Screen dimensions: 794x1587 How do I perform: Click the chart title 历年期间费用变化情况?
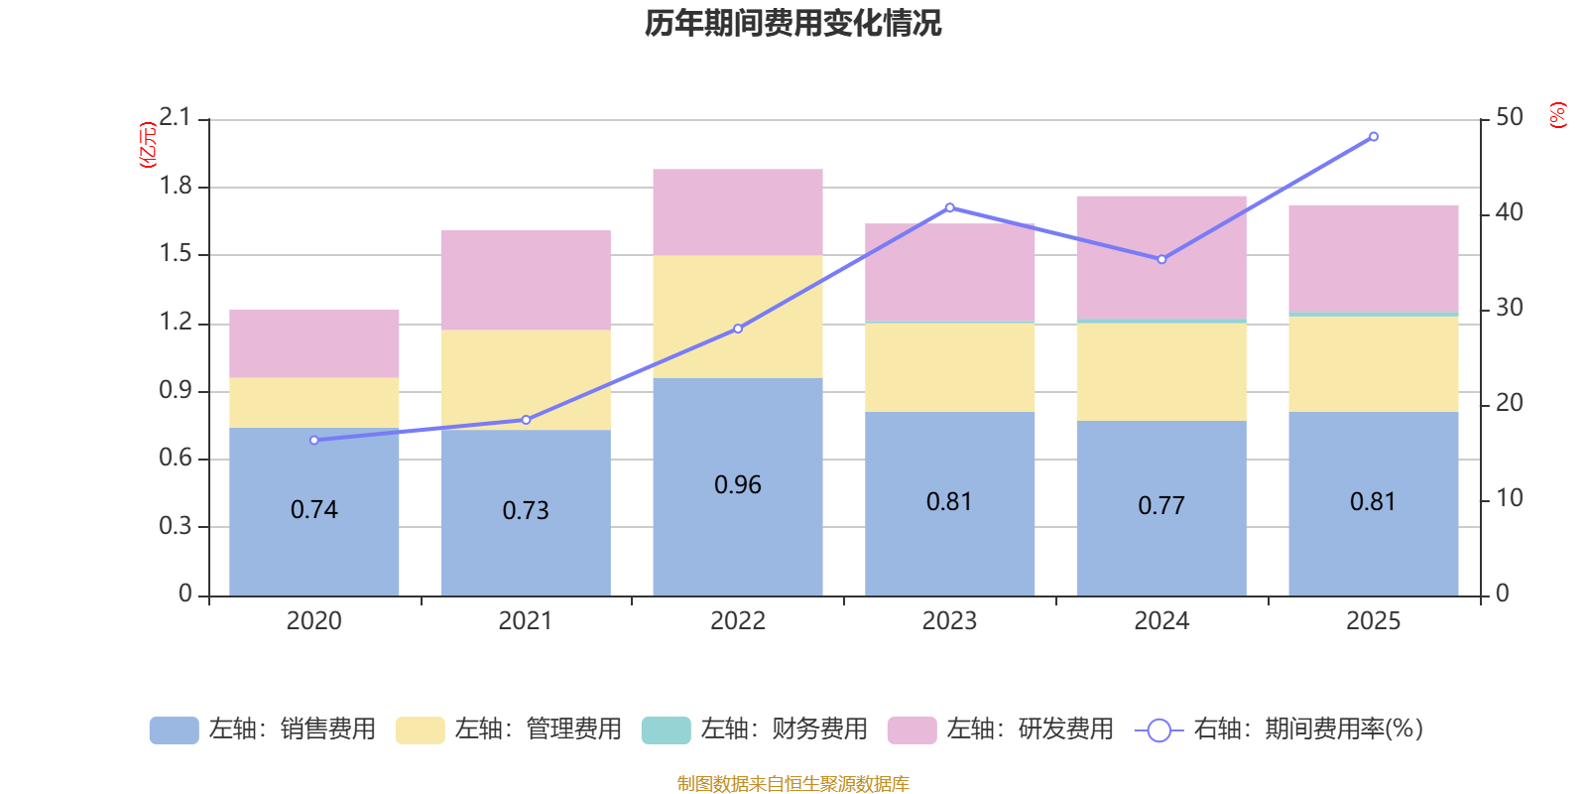[x=793, y=23]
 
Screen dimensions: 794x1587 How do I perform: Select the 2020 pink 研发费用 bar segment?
[x=313, y=343]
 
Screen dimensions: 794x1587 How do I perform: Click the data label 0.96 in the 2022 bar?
[x=737, y=484]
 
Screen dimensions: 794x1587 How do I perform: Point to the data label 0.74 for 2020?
[x=313, y=509]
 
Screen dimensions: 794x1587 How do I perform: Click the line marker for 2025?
[x=1373, y=137]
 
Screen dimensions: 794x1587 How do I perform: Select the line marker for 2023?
[x=949, y=207]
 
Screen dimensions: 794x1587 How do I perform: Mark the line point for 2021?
[x=526, y=420]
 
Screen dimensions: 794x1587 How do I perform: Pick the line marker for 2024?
[x=1161, y=259]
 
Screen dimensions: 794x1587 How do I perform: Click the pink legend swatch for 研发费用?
[x=912, y=730]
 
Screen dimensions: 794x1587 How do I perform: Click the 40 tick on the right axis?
[x=1509, y=212]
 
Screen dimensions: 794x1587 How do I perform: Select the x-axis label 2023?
[x=949, y=621]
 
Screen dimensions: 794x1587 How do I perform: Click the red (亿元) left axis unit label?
[x=148, y=144]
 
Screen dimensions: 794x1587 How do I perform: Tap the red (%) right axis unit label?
[x=1558, y=115]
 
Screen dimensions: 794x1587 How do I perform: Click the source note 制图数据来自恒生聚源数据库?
[x=793, y=784]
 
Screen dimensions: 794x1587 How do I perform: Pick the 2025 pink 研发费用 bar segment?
[x=1373, y=258]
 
